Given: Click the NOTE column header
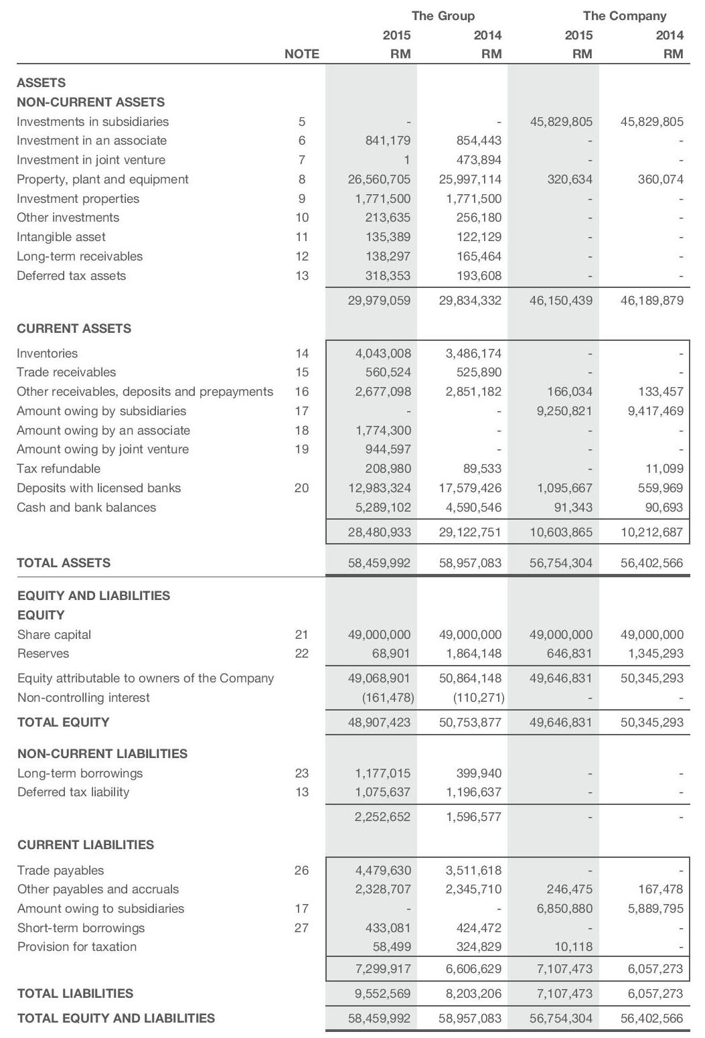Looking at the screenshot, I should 301,54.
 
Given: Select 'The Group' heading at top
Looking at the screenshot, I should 443,15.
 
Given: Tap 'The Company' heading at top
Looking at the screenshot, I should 624,15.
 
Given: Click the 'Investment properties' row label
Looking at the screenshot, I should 78,198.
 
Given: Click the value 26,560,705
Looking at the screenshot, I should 379,179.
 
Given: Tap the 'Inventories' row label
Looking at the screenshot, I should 47,353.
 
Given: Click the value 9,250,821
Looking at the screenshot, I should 564,411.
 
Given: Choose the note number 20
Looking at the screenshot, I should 301,488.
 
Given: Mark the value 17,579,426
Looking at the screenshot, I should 470,488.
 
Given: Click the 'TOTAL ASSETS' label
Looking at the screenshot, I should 64,563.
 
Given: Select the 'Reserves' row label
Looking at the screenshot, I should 43,654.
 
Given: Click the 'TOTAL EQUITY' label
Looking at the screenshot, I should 63,723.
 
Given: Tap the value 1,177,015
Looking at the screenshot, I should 382,773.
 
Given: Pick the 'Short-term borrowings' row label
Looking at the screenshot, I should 81,928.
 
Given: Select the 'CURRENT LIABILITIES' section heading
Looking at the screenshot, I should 86,845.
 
